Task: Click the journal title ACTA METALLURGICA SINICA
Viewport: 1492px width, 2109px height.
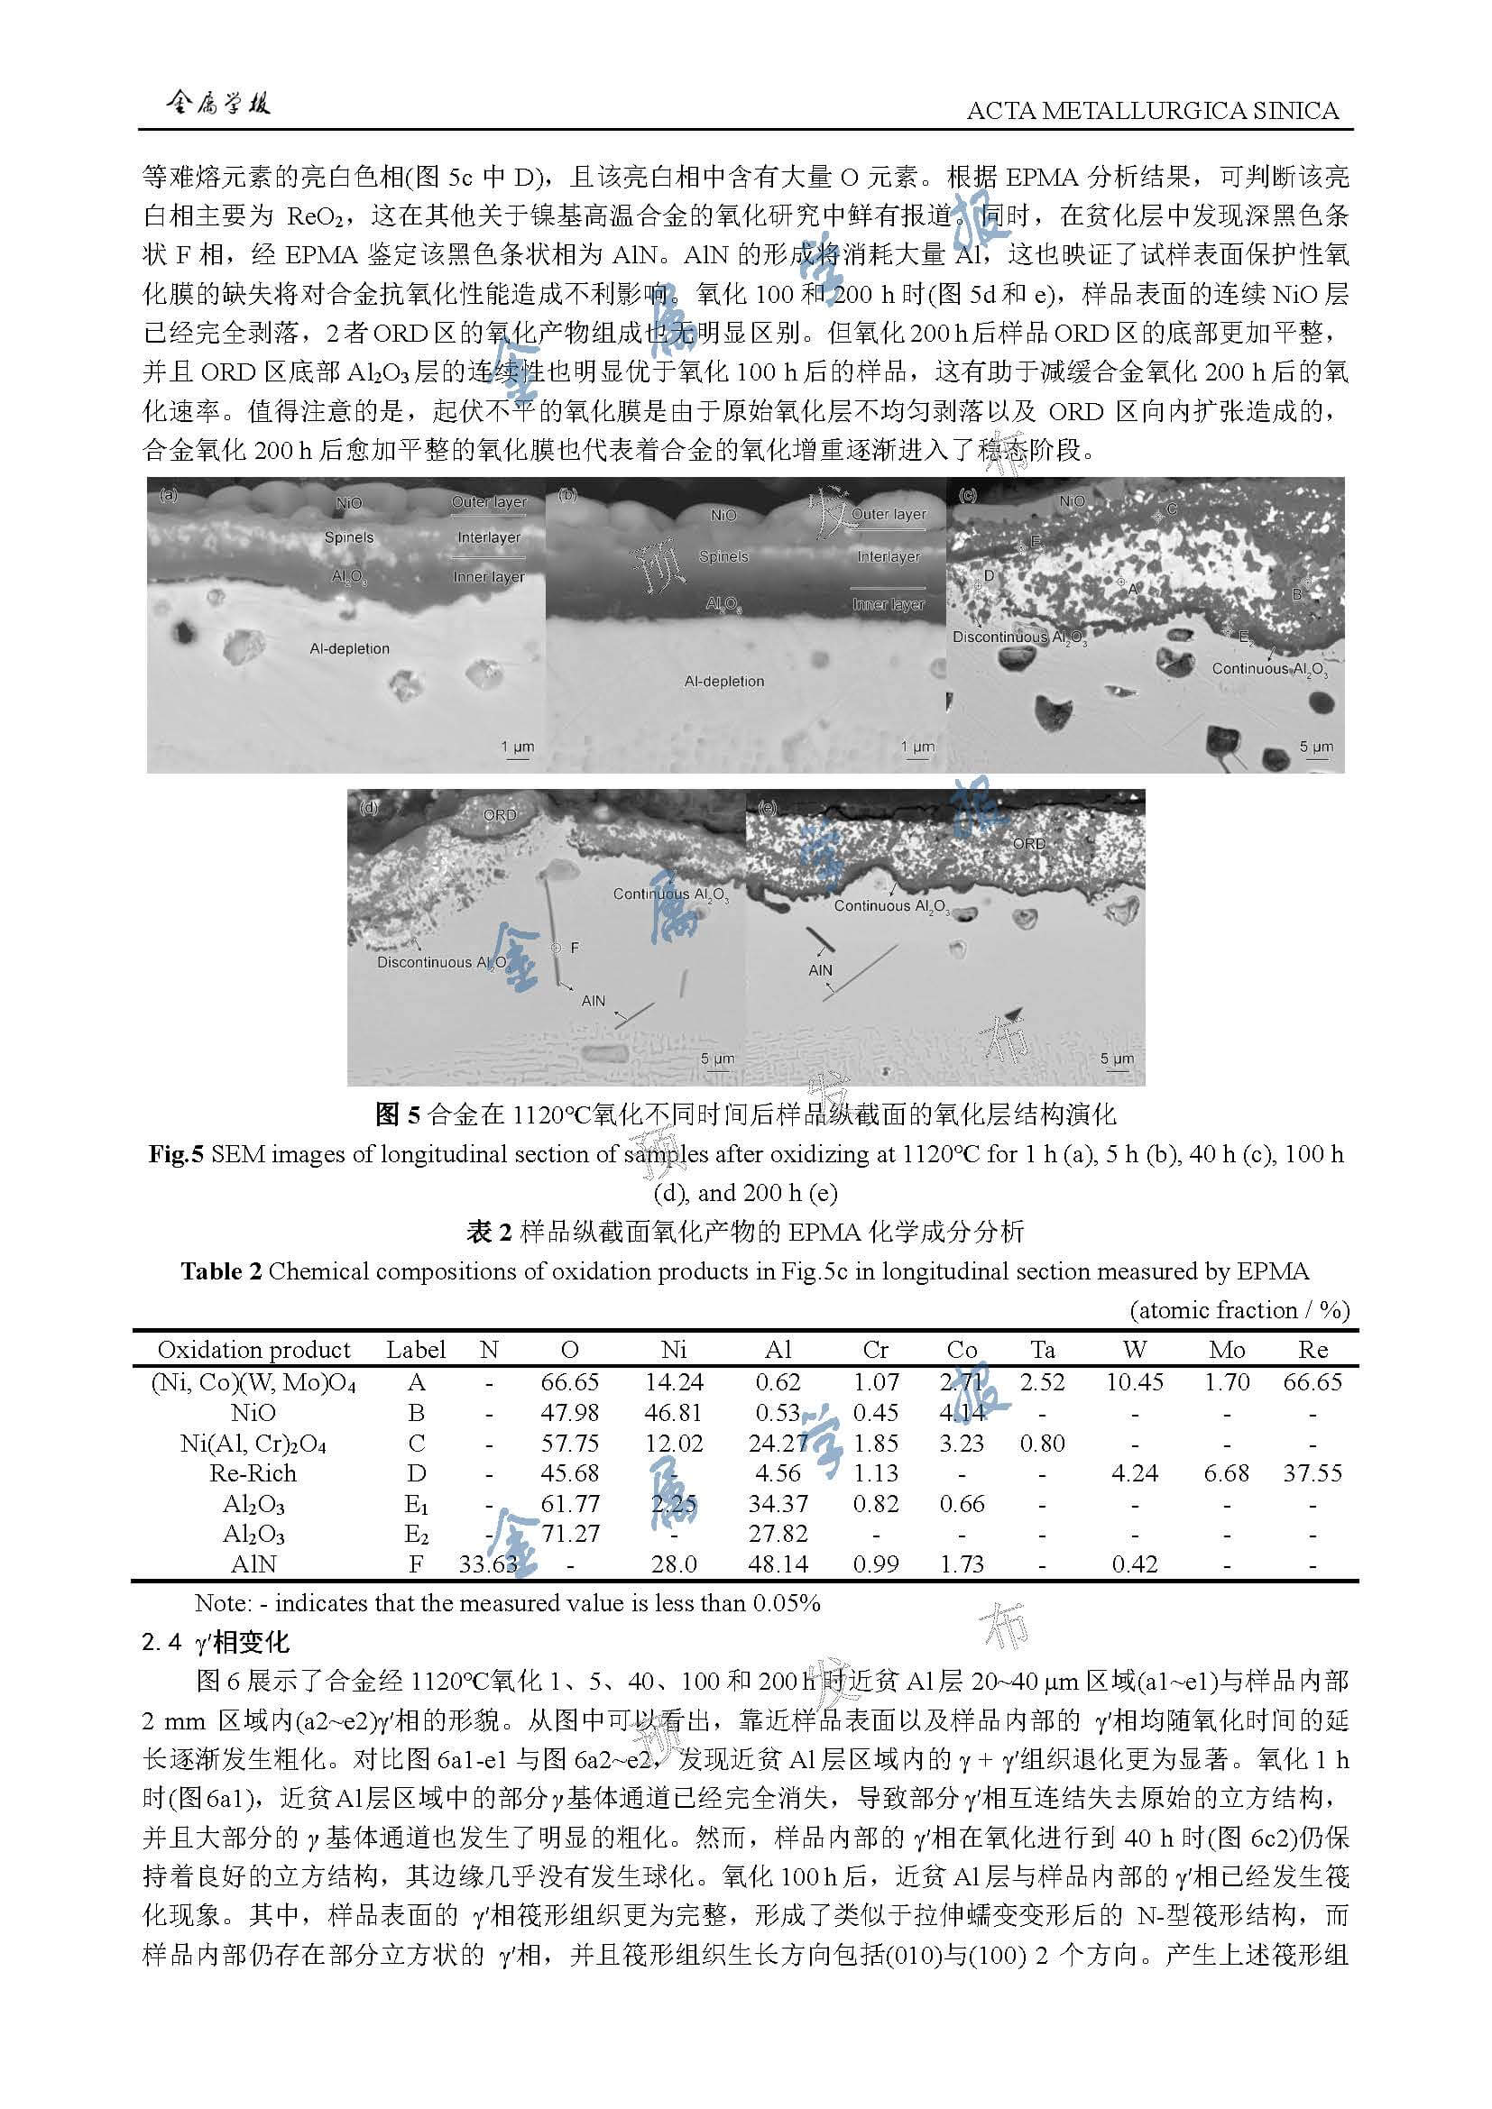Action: (x=1152, y=111)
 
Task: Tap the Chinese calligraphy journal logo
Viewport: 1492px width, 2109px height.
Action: (x=217, y=104)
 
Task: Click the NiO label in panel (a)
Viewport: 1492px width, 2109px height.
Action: (x=349, y=503)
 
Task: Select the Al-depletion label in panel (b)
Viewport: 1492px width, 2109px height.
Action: (x=724, y=682)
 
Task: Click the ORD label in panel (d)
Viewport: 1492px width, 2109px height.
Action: (x=500, y=815)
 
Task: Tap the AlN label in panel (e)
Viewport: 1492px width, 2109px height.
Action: (x=820, y=970)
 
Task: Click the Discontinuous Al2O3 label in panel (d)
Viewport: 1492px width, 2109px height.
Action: (x=442, y=963)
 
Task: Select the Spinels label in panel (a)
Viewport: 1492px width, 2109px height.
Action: (x=349, y=537)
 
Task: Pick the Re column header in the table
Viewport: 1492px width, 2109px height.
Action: (x=1312, y=1350)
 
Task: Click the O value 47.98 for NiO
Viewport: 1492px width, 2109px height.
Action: (x=569, y=1413)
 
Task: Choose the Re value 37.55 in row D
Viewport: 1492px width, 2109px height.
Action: (x=1312, y=1473)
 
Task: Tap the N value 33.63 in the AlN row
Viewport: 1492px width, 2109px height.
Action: (x=488, y=1564)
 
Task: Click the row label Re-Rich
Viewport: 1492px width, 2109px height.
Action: (x=253, y=1473)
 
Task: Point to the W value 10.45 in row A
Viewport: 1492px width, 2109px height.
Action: (x=1135, y=1382)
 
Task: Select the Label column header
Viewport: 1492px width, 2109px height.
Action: (x=416, y=1350)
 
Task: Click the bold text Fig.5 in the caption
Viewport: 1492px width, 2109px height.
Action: (x=177, y=1155)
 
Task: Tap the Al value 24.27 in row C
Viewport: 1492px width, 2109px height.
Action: (x=778, y=1443)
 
